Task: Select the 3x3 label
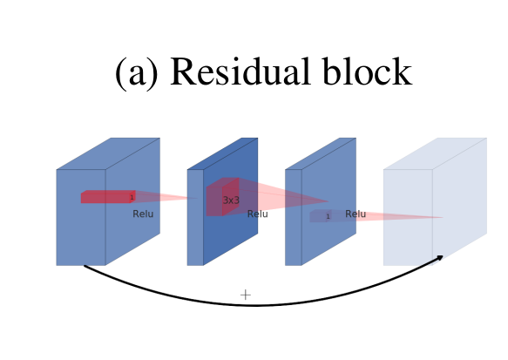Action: pyautogui.click(x=231, y=200)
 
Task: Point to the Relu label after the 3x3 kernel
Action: pyautogui.click(x=258, y=214)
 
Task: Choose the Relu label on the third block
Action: pyautogui.click(x=356, y=214)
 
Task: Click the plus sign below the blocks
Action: pyautogui.click(x=245, y=295)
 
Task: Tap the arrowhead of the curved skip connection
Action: pyautogui.click(x=440, y=257)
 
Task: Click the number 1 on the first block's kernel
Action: pyautogui.click(x=132, y=198)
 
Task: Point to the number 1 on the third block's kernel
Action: pyautogui.click(x=328, y=216)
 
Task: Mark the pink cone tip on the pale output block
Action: pyautogui.click(x=441, y=217)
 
